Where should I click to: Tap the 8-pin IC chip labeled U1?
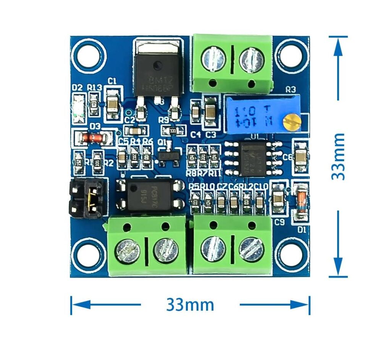pos(250,157)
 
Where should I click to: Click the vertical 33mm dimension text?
pos(338,156)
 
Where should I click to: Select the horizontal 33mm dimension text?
pos(190,305)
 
